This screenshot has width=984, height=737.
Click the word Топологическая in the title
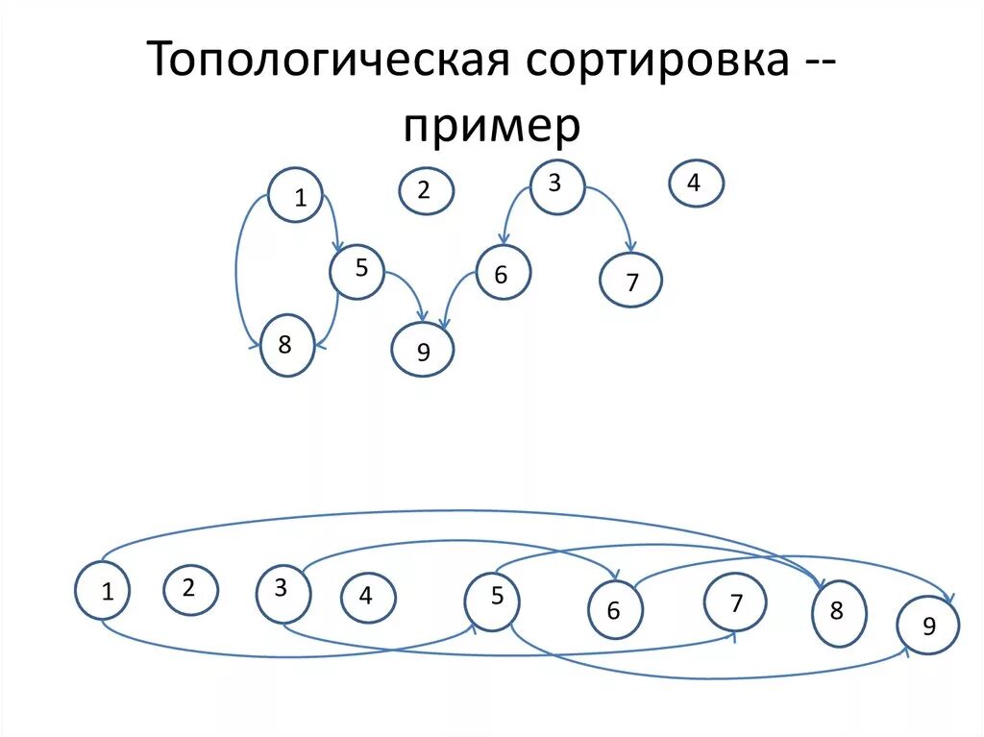pyautogui.click(x=327, y=61)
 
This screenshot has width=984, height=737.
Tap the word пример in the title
pyautogui.click(x=492, y=126)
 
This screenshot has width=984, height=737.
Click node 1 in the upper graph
pyautogui.click(x=296, y=195)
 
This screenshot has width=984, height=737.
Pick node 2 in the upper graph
pyautogui.click(x=426, y=190)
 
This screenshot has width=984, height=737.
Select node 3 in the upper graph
pyautogui.click(x=556, y=185)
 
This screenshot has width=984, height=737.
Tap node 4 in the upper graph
pyautogui.click(x=696, y=183)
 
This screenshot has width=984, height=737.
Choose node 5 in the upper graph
pyautogui.click(x=357, y=271)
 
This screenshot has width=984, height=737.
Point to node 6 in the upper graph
pyautogui.click(x=503, y=273)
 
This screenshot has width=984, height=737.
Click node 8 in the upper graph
pyautogui.click(x=286, y=345)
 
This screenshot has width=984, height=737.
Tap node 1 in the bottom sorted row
pyautogui.click(x=102, y=590)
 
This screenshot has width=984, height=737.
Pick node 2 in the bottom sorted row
pyautogui.click(x=190, y=588)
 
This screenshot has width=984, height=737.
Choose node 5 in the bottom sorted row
pyautogui.click(x=493, y=600)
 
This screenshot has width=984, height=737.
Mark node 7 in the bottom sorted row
pyautogui.click(x=735, y=603)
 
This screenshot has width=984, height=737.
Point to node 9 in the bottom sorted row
pyautogui.click(x=928, y=626)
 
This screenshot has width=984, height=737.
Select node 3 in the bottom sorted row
pyautogui.click(x=282, y=592)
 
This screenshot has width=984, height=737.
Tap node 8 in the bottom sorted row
pyautogui.click(x=839, y=612)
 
